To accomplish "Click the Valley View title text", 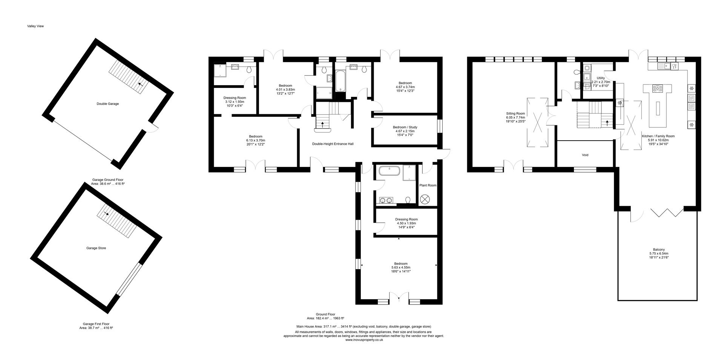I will click(35, 26).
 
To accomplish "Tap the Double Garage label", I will click(107, 104).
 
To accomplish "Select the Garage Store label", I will click(96, 248).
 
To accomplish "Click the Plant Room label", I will click(428, 185).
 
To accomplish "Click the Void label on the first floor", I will click(585, 155).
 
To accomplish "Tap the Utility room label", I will click(600, 78).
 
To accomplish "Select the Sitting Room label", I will click(515, 113).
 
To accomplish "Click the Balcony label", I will click(659, 250).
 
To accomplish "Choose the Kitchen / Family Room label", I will click(658, 136).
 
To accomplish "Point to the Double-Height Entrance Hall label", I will click(333, 144).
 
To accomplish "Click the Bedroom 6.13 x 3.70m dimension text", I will click(255, 141).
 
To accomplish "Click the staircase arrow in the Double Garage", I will click(140, 85).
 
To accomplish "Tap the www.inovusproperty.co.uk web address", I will click(364, 340).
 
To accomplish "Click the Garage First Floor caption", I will click(96, 324).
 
